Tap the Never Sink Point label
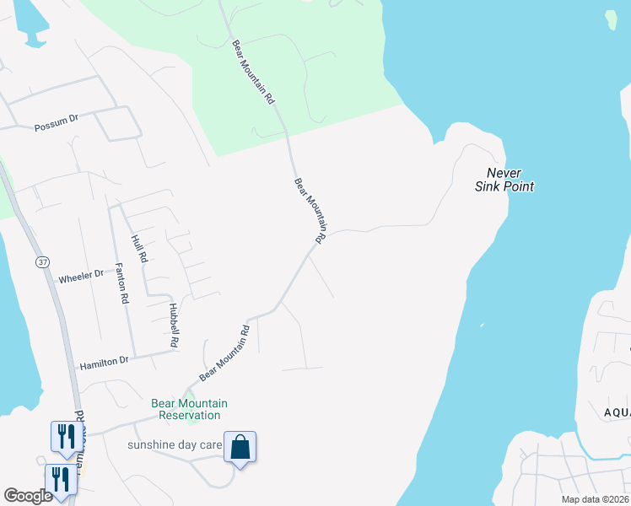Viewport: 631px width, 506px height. coord(504,180)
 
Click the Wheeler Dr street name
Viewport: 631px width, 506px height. coord(80,275)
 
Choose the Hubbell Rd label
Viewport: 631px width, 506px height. coord(173,326)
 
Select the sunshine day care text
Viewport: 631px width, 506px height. coord(175,444)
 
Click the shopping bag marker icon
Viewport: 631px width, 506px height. coord(240,447)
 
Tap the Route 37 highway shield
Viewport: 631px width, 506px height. coord(42,262)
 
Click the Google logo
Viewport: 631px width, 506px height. coord(28,496)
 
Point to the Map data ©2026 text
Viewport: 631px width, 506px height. coord(595,499)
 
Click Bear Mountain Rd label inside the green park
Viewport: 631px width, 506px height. coord(253,72)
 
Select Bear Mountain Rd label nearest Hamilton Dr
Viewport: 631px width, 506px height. coord(225,353)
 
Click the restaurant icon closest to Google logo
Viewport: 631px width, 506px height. coord(61,479)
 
